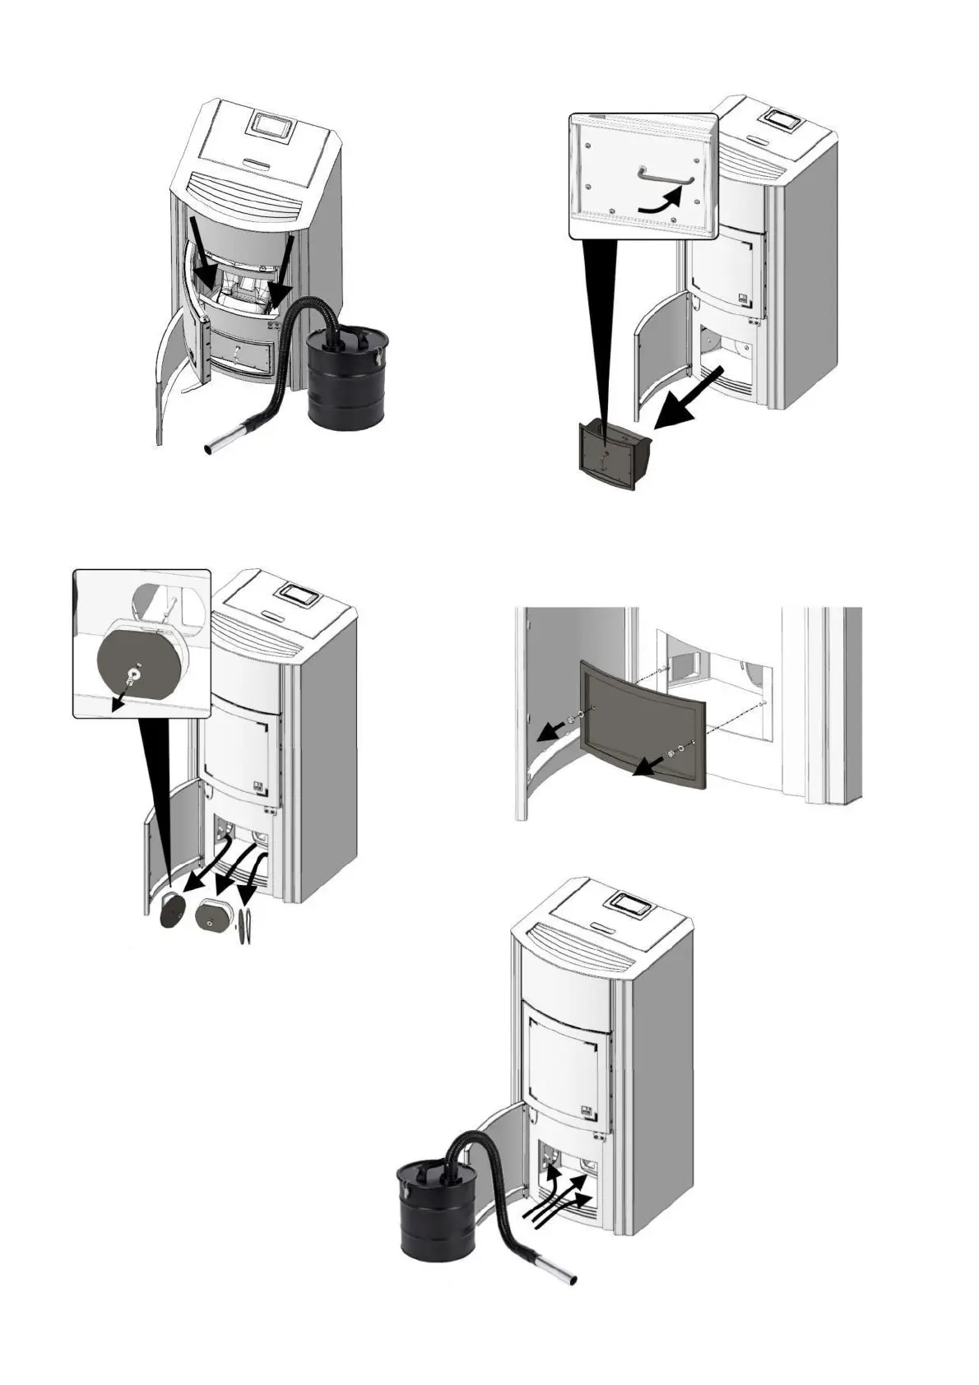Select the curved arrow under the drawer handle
pos(661,203)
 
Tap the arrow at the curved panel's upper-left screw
pos(550,730)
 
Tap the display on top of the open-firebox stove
pos(272,126)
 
